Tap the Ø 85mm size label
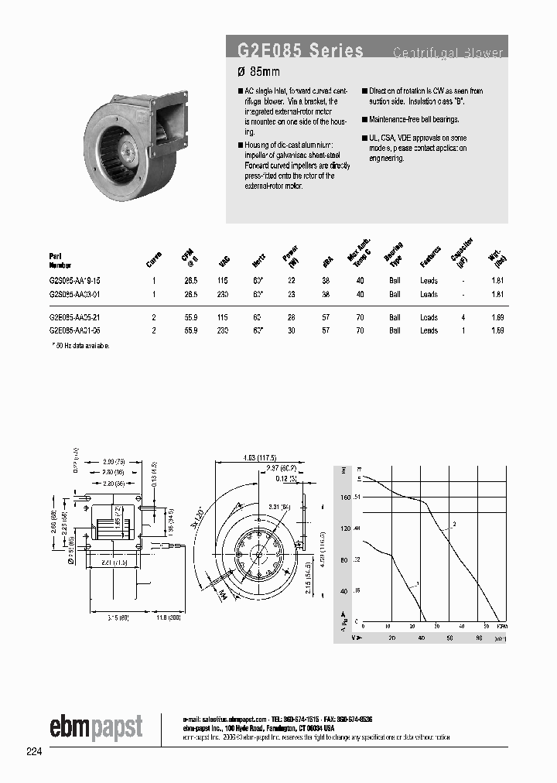(258, 72)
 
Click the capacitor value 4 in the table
(463, 317)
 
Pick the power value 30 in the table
(291, 330)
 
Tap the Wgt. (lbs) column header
(496, 255)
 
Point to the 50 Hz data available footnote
(80, 345)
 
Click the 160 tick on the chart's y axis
(345, 497)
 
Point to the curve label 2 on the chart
(454, 525)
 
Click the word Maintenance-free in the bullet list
(391, 119)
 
